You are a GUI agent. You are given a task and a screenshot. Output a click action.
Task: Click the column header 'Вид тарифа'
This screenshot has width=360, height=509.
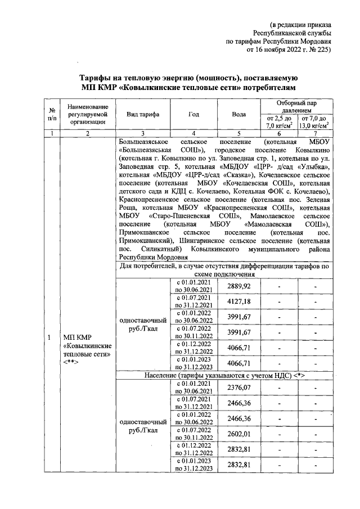pos(143,114)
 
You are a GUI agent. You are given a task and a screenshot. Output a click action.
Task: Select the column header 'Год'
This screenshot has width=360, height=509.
pos(194,114)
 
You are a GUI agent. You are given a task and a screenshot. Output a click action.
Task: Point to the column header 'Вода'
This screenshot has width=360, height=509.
pos(239,114)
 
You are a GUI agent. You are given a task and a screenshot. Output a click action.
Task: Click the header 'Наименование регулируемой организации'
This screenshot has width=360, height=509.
pos(84,114)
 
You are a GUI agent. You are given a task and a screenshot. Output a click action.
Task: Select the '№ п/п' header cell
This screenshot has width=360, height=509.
pos(52,114)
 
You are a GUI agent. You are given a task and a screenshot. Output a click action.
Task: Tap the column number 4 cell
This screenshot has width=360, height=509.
pos(194,133)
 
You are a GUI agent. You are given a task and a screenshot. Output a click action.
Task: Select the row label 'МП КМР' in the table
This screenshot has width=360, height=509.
pos(76,336)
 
